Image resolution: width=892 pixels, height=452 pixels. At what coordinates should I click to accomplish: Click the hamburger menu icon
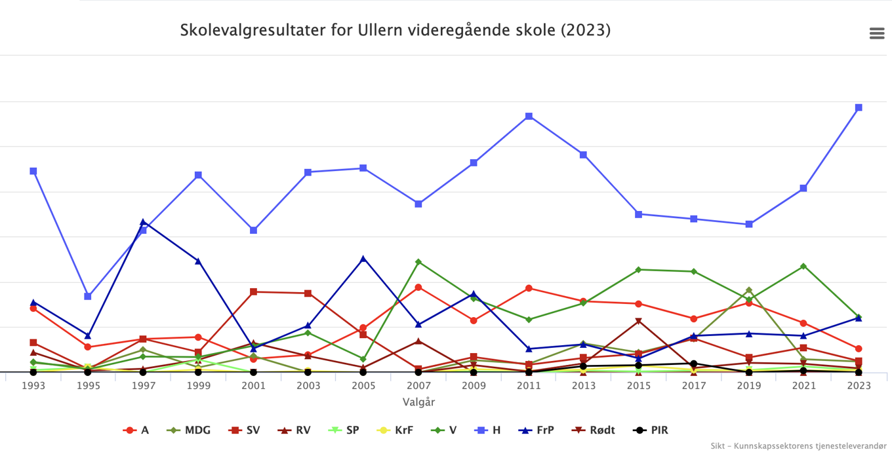[877, 33]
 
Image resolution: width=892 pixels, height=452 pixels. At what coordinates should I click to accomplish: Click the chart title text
[395, 30]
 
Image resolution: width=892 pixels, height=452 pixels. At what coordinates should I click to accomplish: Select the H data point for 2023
[859, 107]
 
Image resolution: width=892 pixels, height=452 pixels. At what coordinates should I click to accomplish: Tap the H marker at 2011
[529, 116]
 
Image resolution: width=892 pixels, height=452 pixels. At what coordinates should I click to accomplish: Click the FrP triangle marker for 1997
[143, 222]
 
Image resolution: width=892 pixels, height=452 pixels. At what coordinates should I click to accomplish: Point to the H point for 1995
[88, 296]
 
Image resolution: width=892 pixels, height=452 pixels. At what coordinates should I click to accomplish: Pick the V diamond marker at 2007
[418, 261]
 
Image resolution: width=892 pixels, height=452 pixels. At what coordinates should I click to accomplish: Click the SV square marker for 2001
[253, 292]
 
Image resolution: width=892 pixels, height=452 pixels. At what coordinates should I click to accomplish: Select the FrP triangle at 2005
[363, 258]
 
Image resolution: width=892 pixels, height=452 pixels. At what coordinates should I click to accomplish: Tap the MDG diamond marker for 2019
[748, 290]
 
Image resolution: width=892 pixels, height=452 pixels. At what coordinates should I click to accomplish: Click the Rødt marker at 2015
[638, 321]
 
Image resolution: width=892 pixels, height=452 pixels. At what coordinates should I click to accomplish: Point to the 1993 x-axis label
[33, 385]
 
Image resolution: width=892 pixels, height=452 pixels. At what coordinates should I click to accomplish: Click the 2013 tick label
[584, 385]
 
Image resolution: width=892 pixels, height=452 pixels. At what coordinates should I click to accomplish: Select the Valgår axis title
[418, 402]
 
